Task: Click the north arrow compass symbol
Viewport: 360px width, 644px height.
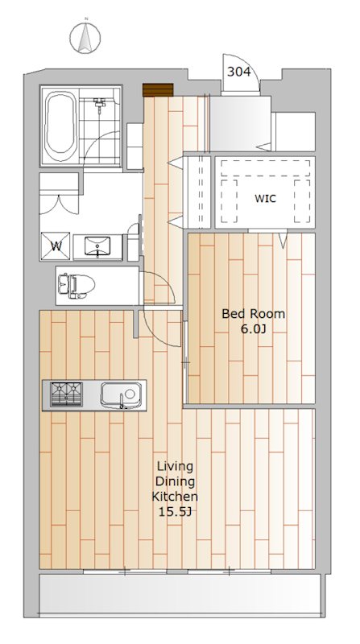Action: coord(85,37)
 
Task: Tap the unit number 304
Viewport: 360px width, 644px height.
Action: coord(238,72)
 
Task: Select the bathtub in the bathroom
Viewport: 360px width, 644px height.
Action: coord(60,126)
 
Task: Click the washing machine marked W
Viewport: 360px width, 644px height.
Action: coord(56,246)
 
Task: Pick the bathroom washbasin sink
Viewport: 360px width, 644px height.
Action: coord(97,246)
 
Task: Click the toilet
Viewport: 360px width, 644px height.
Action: coord(77,285)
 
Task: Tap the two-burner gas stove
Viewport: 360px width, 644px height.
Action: coord(66,394)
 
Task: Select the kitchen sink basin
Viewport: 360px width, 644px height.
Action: coord(121,395)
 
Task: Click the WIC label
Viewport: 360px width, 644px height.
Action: coord(265,199)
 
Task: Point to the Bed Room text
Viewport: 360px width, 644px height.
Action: coord(253,314)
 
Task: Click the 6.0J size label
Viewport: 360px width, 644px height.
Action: coord(252,329)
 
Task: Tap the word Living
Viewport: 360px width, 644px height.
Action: coord(175,468)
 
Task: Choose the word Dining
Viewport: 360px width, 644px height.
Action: coord(175,482)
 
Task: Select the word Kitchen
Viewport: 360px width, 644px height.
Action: coord(175,497)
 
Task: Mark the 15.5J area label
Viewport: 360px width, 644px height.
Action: coord(175,512)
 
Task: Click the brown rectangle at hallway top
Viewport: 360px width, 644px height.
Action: coord(158,90)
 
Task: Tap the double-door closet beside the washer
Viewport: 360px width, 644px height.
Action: coord(59,193)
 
